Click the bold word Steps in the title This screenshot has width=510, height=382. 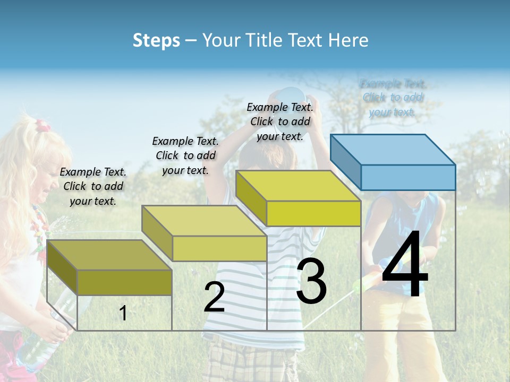[x=156, y=40]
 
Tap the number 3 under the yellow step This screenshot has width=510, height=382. [x=311, y=281]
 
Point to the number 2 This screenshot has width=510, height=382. [x=214, y=297]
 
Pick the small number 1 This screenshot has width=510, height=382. [x=123, y=313]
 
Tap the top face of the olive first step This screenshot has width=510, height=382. [x=109, y=255]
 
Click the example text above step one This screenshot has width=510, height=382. [x=93, y=186]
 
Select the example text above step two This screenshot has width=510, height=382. [x=185, y=155]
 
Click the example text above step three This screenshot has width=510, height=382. [x=280, y=121]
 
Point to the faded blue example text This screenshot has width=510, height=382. [x=393, y=98]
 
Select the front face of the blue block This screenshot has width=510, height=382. [x=408, y=177]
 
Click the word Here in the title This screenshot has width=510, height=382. [x=348, y=40]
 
